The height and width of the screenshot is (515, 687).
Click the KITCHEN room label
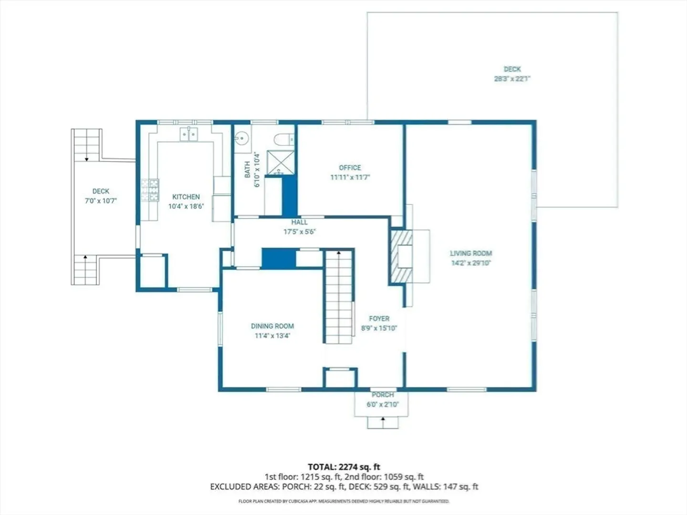tap(186, 196)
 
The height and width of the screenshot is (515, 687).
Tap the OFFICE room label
tap(350, 167)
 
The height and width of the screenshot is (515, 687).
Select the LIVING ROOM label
tap(471, 253)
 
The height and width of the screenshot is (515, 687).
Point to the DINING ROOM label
tap(272, 326)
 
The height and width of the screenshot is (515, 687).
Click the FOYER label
tap(379, 319)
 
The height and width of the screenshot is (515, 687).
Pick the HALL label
tap(300, 222)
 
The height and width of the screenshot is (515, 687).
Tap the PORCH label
tap(383, 395)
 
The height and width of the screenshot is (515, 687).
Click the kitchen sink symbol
tap(189, 134)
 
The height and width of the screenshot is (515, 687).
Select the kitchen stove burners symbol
tap(150, 190)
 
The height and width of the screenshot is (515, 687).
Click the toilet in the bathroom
tap(284, 139)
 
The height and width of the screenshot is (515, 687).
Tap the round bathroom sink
tap(242, 138)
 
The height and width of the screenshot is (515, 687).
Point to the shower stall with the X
tap(281, 163)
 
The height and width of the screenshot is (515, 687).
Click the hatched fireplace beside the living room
tap(402, 257)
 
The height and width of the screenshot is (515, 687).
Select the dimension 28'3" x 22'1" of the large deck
tap(512, 79)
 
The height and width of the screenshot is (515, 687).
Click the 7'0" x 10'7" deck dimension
tap(101, 201)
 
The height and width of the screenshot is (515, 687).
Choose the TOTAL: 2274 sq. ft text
tap(344, 467)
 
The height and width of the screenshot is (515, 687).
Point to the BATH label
tap(247, 169)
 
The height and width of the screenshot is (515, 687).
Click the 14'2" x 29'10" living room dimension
tap(471, 263)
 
